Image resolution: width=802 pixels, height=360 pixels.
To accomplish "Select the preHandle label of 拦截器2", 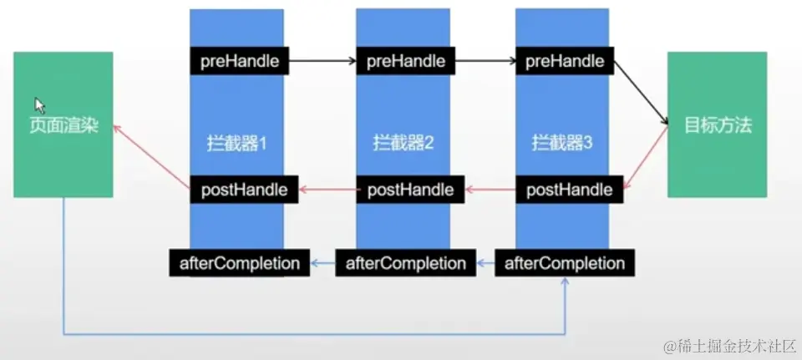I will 406,61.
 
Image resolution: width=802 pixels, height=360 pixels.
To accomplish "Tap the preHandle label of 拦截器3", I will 566,61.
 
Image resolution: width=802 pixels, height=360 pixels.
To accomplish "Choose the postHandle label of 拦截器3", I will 569,190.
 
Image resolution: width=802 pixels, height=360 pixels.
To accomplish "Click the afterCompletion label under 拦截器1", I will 239,263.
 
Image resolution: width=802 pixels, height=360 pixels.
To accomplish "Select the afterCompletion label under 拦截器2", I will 405,263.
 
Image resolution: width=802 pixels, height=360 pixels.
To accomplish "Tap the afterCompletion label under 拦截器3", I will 564,263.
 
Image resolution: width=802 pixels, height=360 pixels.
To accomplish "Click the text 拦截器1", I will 237,144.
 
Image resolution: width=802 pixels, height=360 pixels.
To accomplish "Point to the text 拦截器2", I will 404,144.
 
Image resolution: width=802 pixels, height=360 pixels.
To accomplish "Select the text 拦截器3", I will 562,144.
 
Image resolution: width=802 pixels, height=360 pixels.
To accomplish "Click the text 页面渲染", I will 63,129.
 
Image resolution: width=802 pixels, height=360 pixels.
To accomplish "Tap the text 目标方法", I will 718,126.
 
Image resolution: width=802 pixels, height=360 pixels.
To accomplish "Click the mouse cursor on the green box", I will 38,104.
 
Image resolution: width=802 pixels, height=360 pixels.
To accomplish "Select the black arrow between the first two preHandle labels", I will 323,61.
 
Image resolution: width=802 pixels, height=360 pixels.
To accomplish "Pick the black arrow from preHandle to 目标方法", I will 642,93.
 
